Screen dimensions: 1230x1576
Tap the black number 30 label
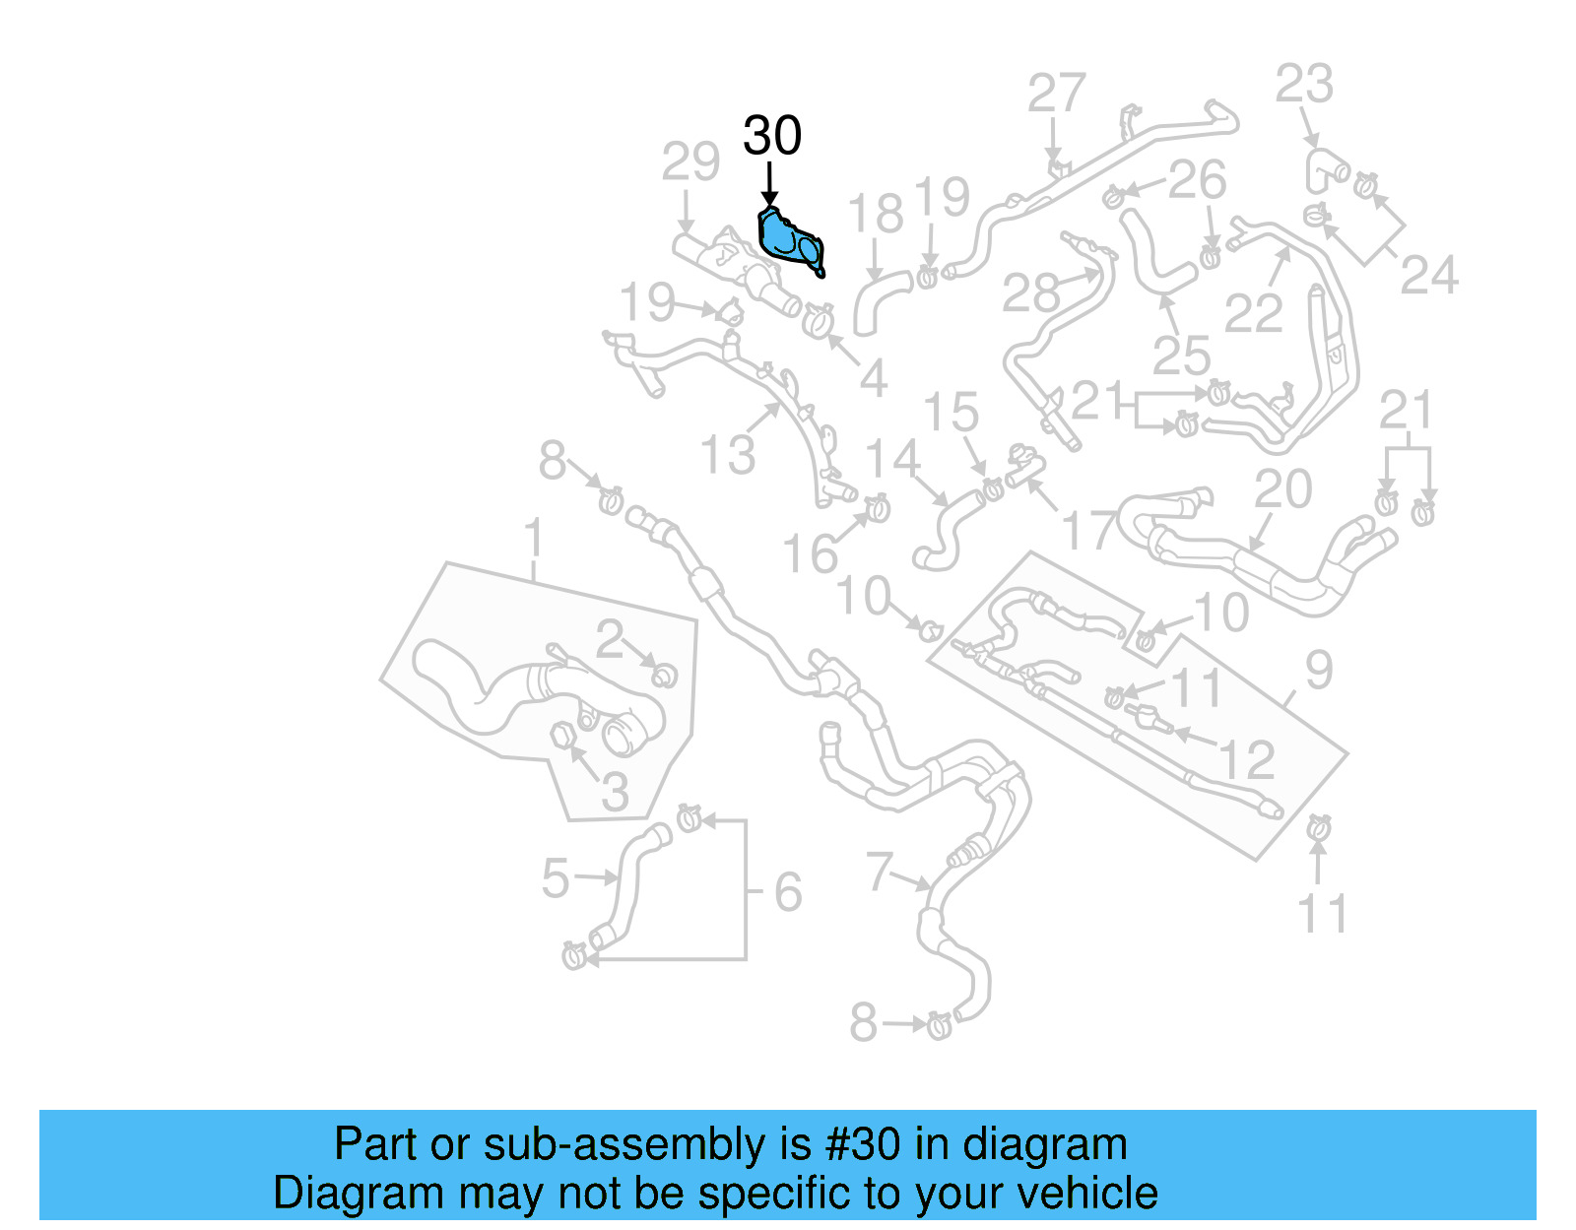click(772, 136)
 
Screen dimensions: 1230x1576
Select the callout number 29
click(690, 162)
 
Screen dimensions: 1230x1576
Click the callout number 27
click(1057, 95)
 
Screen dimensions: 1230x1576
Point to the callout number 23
click(1304, 85)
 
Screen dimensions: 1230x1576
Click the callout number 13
click(728, 455)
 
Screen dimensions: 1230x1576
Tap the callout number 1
click(533, 540)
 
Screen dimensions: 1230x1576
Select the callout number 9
click(1319, 671)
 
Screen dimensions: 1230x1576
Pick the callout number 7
click(879, 871)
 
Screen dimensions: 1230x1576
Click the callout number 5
click(556, 878)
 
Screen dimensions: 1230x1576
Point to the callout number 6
click(788, 892)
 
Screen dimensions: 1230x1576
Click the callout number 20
click(1283, 489)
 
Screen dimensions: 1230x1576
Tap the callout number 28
click(1031, 292)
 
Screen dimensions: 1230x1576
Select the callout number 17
click(1089, 532)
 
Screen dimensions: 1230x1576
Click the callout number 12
click(1247, 760)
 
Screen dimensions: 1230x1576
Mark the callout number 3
click(615, 791)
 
